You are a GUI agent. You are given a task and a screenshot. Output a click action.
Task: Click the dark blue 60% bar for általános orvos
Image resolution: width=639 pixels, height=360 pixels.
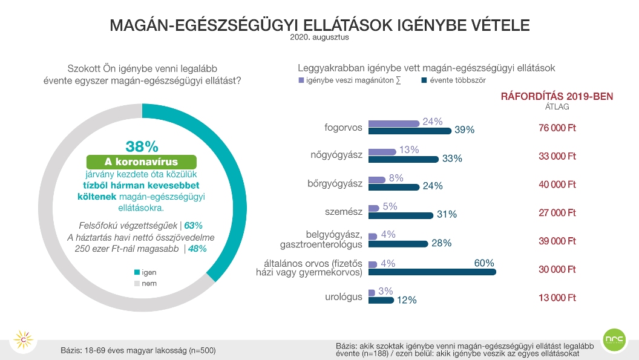pyautogui.click(x=432, y=273)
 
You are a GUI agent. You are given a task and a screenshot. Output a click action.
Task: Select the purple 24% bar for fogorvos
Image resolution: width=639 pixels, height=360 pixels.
pyautogui.click(x=393, y=123)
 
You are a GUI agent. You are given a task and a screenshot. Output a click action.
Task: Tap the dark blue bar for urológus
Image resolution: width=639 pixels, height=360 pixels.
pyautogui.click(x=381, y=299)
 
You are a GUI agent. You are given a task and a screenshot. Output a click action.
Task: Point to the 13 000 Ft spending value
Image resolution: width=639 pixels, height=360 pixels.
pyautogui.click(x=557, y=298)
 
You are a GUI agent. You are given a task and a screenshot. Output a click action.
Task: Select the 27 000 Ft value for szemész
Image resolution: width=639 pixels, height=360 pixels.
pyautogui.click(x=557, y=213)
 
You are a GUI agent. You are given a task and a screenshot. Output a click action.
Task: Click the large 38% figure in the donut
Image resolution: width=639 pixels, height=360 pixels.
pyautogui.click(x=142, y=146)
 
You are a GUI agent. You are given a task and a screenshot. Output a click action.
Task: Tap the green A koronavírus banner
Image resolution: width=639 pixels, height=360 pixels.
pyautogui.click(x=142, y=162)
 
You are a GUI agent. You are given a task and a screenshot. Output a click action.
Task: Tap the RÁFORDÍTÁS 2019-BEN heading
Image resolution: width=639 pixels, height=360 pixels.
pyautogui.click(x=557, y=96)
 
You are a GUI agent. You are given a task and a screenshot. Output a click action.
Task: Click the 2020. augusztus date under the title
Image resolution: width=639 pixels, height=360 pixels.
pyautogui.click(x=319, y=37)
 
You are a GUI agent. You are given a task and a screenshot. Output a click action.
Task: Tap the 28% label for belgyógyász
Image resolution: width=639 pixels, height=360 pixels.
pyautogui.click(x=442, y=243)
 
